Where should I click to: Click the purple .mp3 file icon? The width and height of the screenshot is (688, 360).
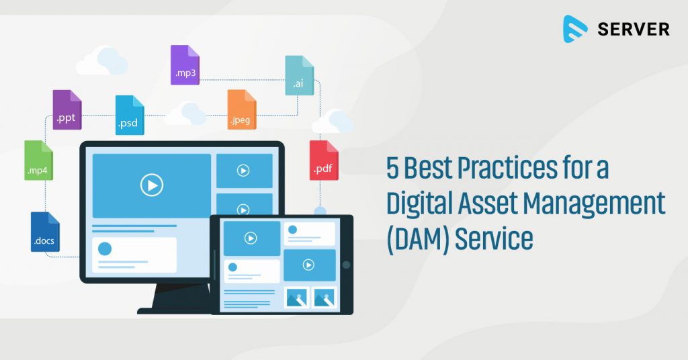pos(185,64)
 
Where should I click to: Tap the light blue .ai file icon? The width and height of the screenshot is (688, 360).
pos(299,75)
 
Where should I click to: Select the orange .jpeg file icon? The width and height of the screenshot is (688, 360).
pos(241,109)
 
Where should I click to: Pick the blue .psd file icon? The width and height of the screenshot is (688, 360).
pos(130,115)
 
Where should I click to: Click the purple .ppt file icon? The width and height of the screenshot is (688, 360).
pos(67,109)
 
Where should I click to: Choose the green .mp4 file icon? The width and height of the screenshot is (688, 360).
pos(38,161)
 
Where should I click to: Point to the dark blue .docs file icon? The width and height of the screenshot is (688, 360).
pos(45,232)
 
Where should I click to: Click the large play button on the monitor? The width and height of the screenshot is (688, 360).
pos(152,184)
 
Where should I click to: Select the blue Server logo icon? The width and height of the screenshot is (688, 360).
pos(575,29)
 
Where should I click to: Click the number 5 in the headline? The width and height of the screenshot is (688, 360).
pos(392,168)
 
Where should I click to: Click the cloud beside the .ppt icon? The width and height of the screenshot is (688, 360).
pos(102,61)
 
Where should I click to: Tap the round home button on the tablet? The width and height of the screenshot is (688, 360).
pos(346,265)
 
